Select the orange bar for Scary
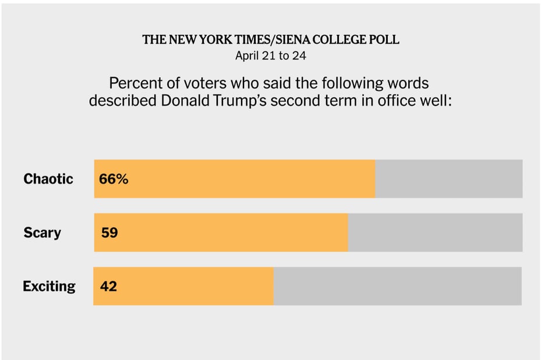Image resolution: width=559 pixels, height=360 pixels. [233, 232]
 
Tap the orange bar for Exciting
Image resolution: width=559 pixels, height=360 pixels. [192, 286]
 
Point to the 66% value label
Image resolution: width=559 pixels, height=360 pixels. [114, 179]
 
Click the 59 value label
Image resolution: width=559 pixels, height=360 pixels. [109, 232]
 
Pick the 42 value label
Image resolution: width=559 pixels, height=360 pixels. [109, 286]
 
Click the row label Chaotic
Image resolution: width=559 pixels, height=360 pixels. [48, 179]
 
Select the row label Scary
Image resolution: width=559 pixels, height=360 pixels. [42, 232]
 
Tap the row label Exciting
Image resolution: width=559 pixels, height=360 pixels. [49, 286]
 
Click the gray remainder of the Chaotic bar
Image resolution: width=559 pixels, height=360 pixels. [448, 179]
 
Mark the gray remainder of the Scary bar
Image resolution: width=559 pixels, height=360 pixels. [435, 232]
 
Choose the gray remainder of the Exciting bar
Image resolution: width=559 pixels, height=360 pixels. [397, 286]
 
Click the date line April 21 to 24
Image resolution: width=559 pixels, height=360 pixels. [271, 56]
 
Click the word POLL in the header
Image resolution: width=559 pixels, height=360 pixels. [385, 40]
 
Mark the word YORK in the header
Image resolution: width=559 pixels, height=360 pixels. [218, 40]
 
